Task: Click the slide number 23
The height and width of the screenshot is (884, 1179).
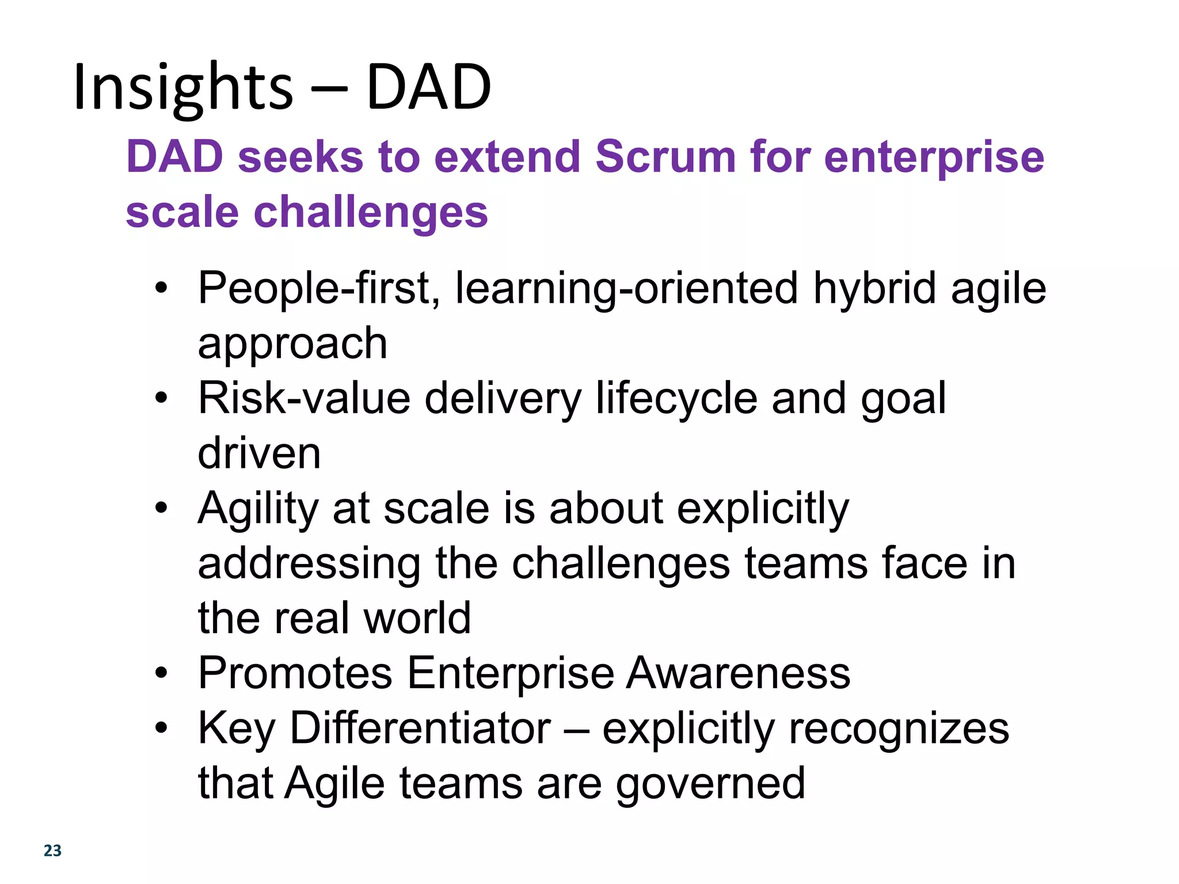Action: click(x=52, y=851)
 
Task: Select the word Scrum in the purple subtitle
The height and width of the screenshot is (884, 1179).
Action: click(x=665, y=157)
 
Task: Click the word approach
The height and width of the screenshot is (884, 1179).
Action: click(x=292, y=344)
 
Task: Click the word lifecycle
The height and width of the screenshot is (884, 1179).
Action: click(x=677, y=398)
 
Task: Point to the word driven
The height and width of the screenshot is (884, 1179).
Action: click(x=259, y=454)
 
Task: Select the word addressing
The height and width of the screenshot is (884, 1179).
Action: click(x=309, y=564)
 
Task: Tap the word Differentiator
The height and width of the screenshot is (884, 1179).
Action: click(x=420, y=728)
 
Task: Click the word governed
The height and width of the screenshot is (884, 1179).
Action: click(x=710, y=784)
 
